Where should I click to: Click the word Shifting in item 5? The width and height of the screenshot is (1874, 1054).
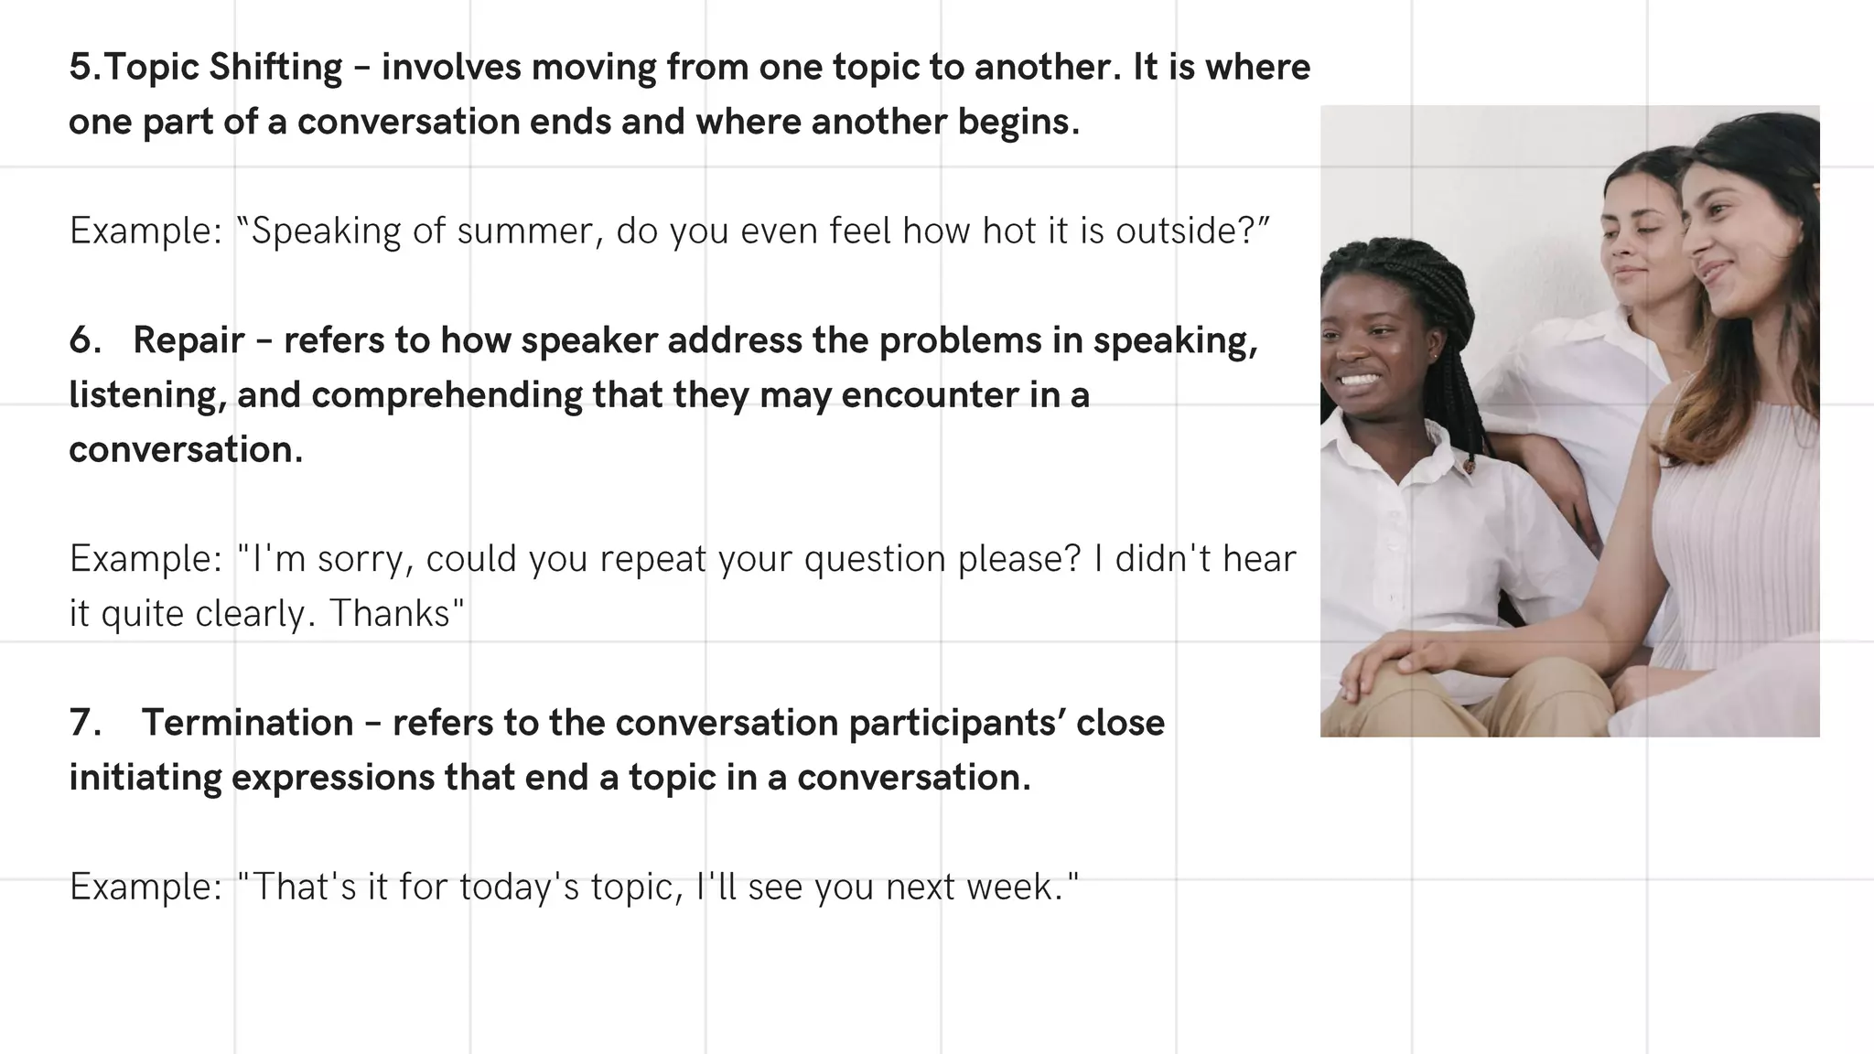(x=275, y=68)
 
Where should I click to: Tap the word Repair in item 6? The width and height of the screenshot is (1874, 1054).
(x=188, y=340)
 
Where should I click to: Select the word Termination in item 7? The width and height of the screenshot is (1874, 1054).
(x=247, y=723)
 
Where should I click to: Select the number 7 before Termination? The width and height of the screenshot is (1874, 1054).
(x=84, y=723)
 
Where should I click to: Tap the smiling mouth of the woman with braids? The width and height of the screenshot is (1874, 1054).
(x=1359, y=379)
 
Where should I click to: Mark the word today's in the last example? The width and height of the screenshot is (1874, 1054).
(x=519, y=887)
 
